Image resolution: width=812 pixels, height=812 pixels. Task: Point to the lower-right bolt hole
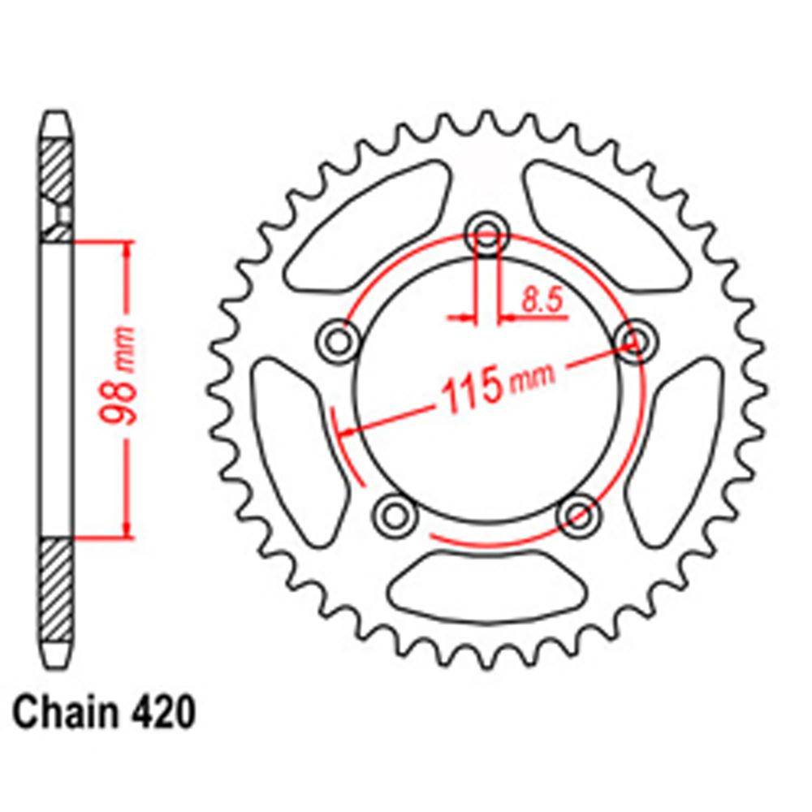point(579,513)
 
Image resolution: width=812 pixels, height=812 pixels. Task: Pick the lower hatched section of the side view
point(57,589)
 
